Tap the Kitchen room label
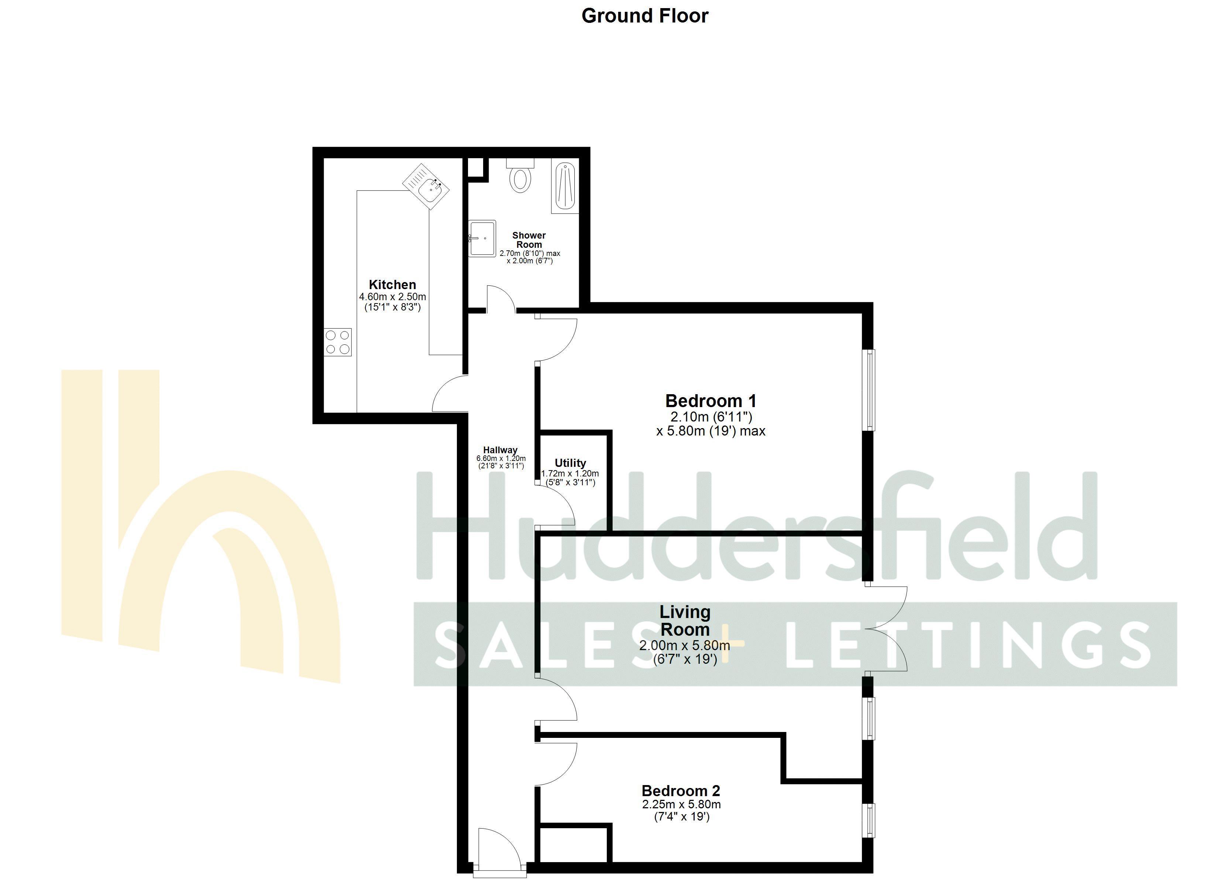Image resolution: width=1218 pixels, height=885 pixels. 392,285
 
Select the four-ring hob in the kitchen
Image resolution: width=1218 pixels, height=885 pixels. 338,342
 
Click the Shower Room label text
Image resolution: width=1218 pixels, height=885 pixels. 529,240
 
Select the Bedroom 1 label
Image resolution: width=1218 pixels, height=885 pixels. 710,401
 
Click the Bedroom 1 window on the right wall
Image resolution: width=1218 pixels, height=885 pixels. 868,390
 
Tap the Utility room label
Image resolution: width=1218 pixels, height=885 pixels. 570,463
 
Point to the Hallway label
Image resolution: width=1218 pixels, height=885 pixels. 500,450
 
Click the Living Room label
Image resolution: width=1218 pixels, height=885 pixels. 685,620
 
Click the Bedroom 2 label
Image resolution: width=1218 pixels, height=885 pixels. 681,791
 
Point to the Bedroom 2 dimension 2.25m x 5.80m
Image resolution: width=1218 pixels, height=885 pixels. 681,805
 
